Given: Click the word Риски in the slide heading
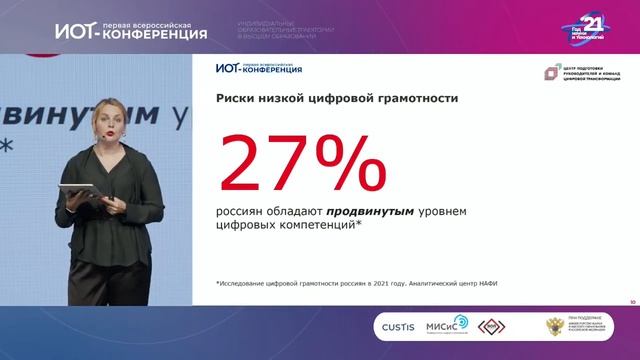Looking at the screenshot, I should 237,99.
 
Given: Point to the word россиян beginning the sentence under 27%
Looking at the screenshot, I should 243,210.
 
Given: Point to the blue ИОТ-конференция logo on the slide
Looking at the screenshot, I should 258,68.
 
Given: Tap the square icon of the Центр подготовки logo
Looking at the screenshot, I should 549,72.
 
